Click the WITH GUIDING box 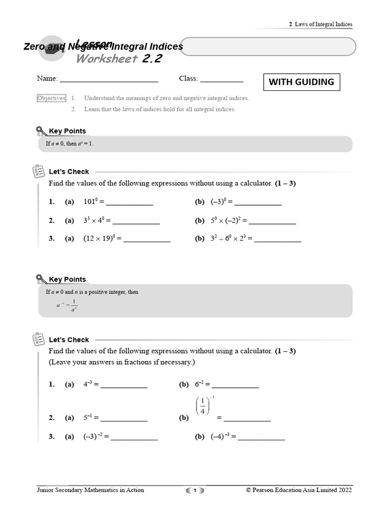click(x=301, y=82)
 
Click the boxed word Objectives click(x=51, y=98)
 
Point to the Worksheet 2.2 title click(x=119, y=59)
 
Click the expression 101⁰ click(x=91, y=202)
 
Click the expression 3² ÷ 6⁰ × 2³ click(x=231, y=238)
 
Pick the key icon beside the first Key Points click(x=42, y=132)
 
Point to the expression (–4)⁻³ click(x=222, y=436)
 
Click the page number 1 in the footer click(x=194, y=490)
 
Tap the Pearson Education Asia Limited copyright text click(x=299, y=490)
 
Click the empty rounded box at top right click(x=268, y=47)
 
